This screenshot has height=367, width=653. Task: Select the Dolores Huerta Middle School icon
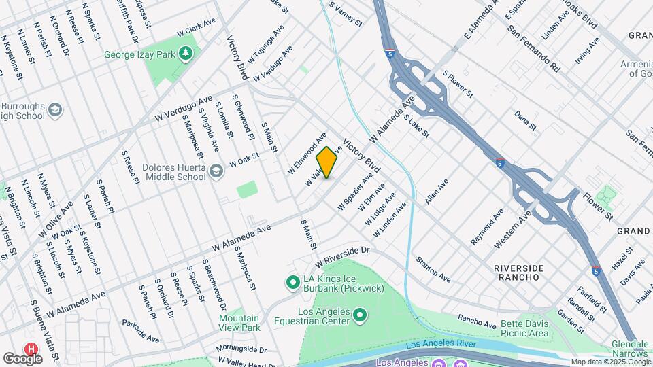[x=216, y=170]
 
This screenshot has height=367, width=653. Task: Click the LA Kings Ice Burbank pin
[x=292, y=281]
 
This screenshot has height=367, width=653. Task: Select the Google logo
[x=23, y=358]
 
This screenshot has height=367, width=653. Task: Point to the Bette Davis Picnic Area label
[x=524, y=328]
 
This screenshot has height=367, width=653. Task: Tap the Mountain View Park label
[x=239, y=323]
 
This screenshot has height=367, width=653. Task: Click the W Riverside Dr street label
[x=341, y=257]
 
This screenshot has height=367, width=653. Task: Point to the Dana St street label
[x=525, y=122]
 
